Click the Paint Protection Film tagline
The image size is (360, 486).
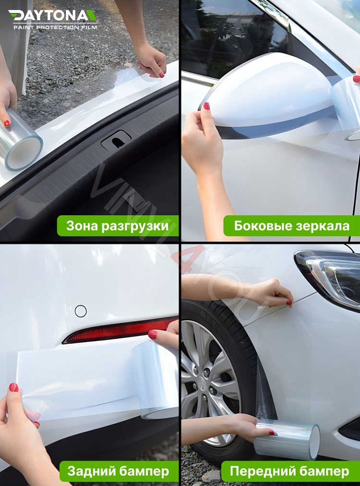pos(55,27)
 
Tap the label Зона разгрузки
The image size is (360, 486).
pos(118,226)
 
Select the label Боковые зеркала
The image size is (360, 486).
pos(292,226)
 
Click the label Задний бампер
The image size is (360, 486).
pos(118,471)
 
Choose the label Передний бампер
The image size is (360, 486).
pos(290,471)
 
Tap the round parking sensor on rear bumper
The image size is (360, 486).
pos(81,311)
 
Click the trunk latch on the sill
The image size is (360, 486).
pos(115,140)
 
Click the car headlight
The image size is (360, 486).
pos(332,276)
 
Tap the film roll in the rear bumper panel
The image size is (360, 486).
pos(155,380)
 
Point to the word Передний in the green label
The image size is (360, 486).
pos(264,471)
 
